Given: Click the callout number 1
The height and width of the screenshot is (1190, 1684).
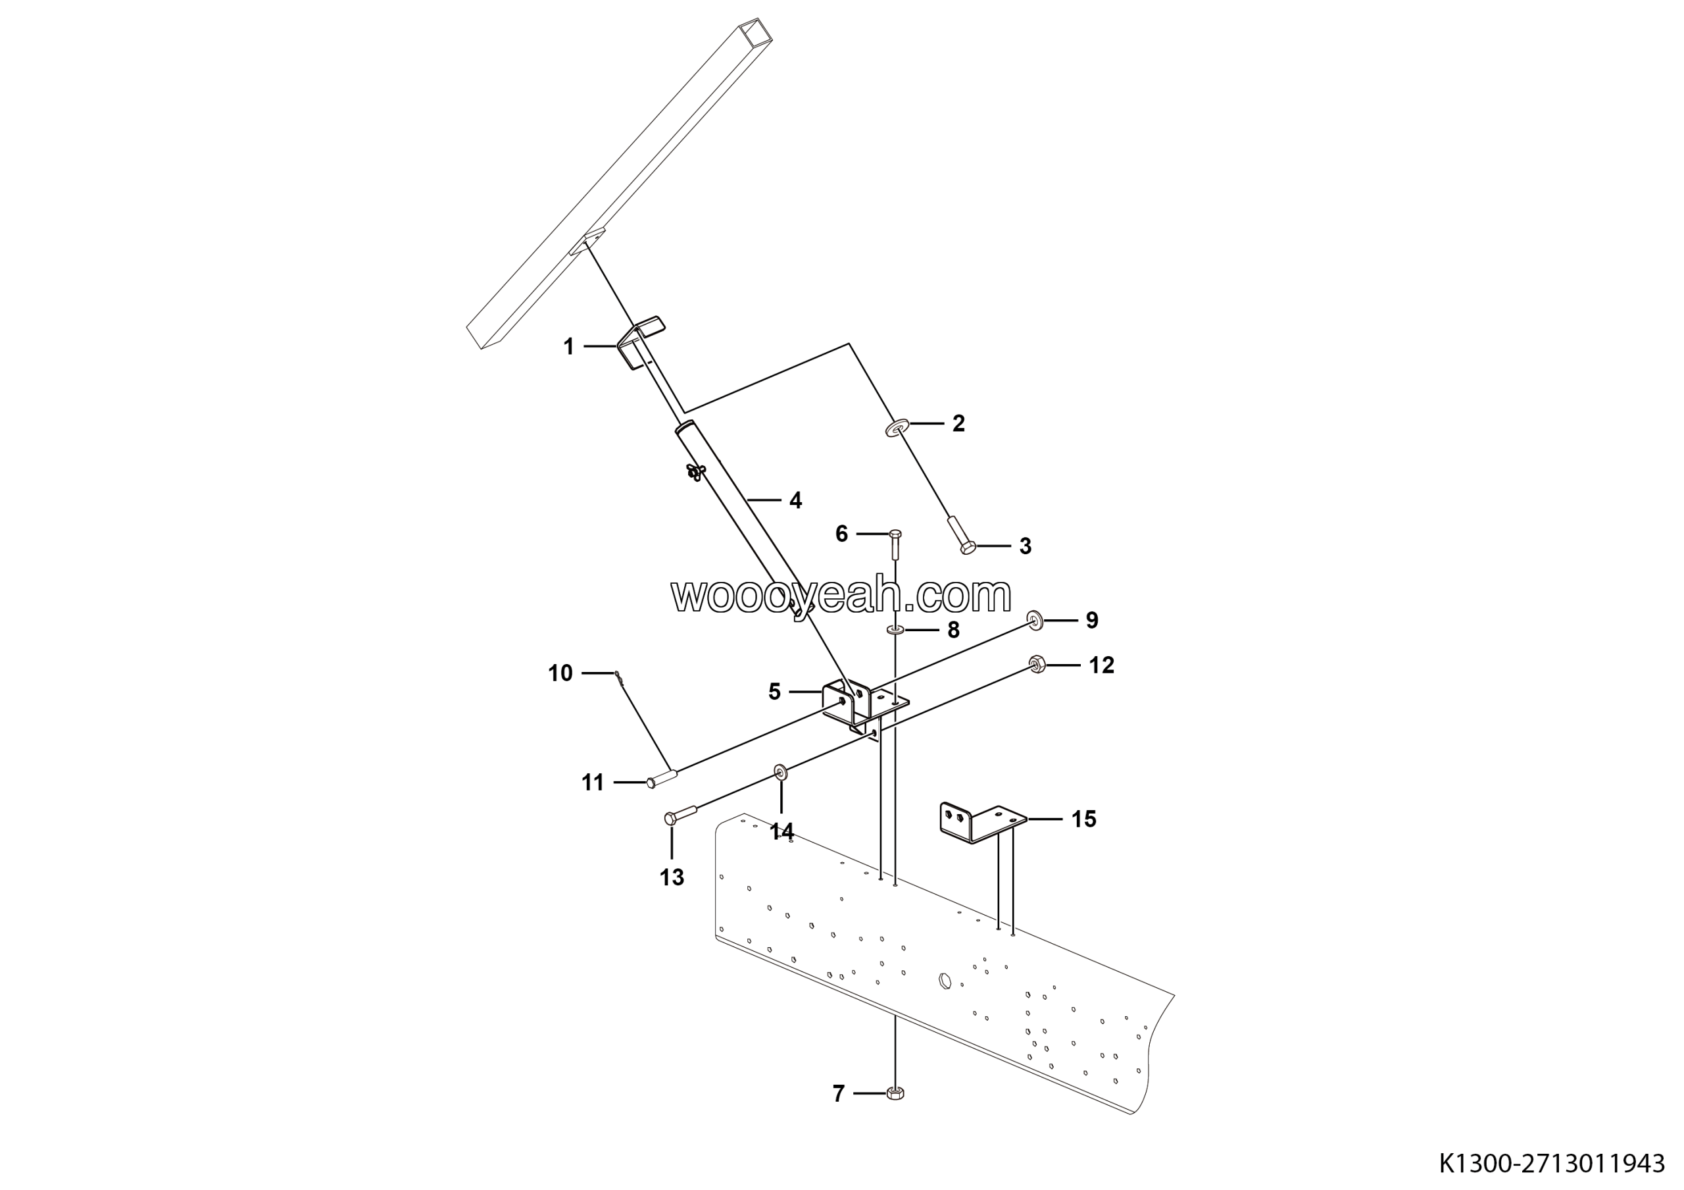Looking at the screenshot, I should [x=568, y=346].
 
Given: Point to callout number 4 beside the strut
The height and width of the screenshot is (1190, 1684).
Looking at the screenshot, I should [x=795, y=501].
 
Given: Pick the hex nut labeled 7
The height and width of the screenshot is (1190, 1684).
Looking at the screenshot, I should [x=895, y=1093].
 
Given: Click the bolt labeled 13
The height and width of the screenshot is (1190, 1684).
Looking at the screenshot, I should [x=681, y=814].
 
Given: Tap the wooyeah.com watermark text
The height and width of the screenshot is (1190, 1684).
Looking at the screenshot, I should [x=841, y=595].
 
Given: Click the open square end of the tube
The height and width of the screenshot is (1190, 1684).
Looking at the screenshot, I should [x=755, y=34].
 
